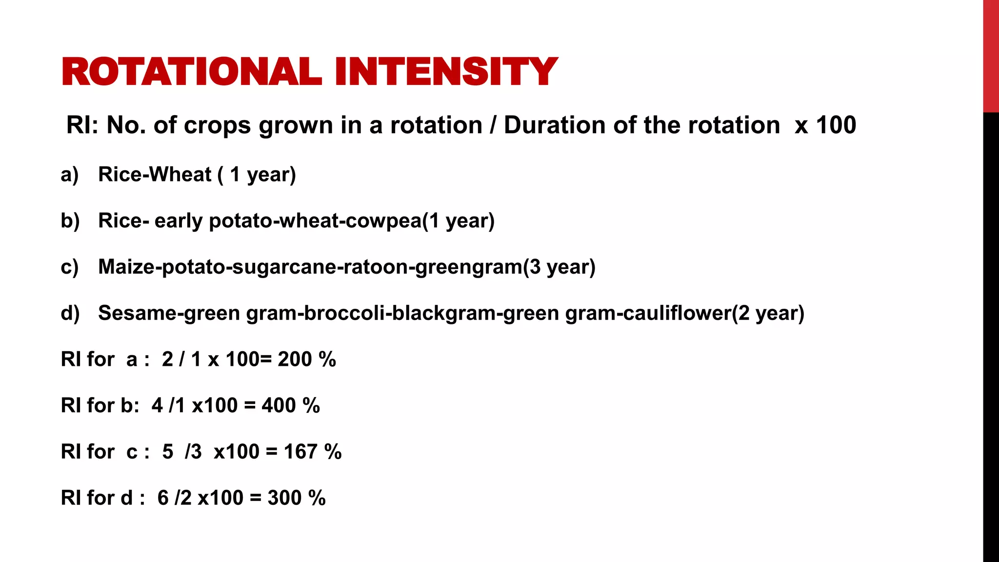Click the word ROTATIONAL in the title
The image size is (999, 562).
[x=191, y=72]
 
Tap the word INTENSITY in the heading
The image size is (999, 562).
[x=446, y=72]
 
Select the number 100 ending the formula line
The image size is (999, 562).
[x=836, y=125]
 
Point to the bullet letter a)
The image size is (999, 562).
[x=70, y=175]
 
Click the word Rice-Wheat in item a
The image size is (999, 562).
[x=155, y=175]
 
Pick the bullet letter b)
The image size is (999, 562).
[x=70, y=221]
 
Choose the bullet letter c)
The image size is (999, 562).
[x=70, y=267]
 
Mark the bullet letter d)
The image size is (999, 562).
[x=70, y=313]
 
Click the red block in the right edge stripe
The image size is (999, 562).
[x=991, y=56]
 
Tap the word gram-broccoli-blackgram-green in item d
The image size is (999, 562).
[x=402, y=313]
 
